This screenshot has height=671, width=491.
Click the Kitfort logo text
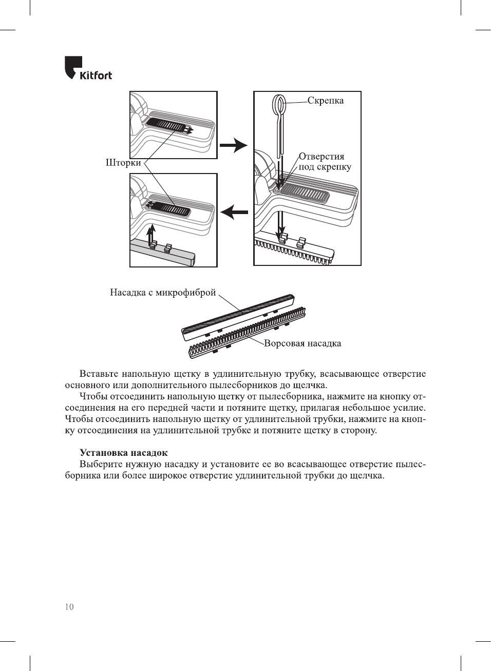click(96, 75)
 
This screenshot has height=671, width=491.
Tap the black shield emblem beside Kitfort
click(72, 67)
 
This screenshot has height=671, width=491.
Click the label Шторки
click(123, 163)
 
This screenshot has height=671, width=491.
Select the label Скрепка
click(326, 101)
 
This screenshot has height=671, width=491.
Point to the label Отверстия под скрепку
click(325, 162)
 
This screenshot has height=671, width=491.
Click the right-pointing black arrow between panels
click(234, 145)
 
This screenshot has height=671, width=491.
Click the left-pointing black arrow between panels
click(234, 212)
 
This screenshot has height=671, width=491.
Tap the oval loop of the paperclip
click(279, 106)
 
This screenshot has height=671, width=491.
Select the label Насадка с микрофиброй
click(163, 293)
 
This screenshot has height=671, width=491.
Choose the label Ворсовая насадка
click(303, 343)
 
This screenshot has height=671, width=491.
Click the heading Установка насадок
click(123, 453)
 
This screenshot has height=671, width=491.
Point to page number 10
click(69, 607)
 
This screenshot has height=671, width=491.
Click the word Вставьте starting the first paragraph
click(99, 374)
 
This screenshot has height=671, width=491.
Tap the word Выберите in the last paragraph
click(101, 464)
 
